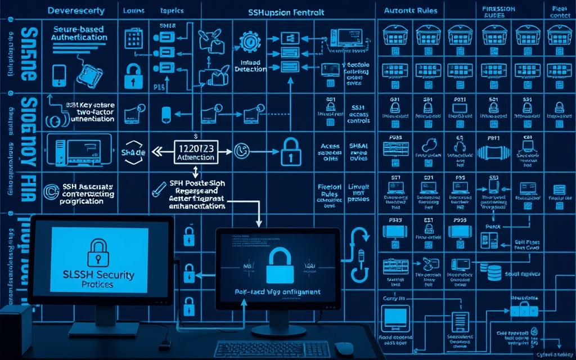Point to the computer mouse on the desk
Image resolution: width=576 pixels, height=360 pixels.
pyautogui.click(x=343, y=349)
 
